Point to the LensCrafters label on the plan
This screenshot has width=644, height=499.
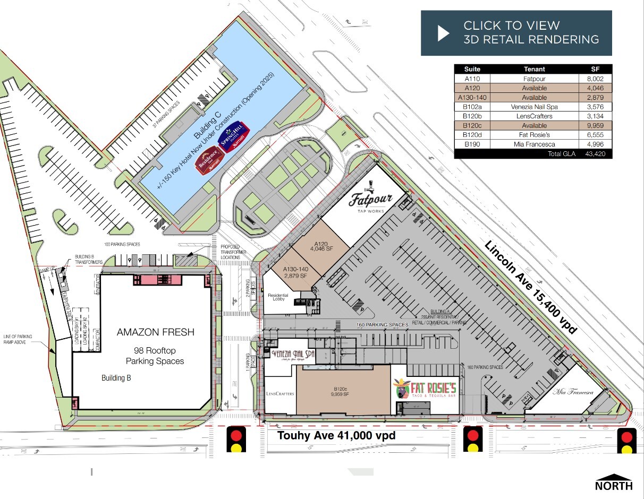coord(280,394)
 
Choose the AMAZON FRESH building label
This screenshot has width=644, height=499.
coord(155,332)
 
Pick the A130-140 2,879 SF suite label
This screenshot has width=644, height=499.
coord(295,272)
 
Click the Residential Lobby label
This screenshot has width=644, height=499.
coord(278,297)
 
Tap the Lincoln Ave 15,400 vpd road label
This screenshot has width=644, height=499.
coord(530,287)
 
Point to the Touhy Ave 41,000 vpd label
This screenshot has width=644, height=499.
coord(337,436)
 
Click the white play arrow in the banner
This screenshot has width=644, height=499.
coord(443,33)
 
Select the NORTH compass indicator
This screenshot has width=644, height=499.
coord(614,482)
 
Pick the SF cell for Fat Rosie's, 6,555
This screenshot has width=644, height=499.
coord(595,135)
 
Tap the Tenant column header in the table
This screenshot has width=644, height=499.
coord(534,69)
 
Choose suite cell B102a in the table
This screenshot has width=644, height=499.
coord(472,107)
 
